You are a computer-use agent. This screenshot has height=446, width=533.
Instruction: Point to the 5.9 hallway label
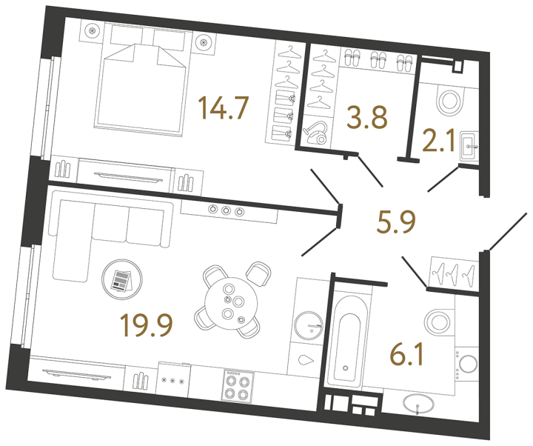[x=395, y=220]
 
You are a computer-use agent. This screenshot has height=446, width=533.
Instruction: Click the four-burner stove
[x=238, y=385]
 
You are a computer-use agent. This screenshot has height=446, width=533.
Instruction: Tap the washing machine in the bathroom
[x=469, y=365]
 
